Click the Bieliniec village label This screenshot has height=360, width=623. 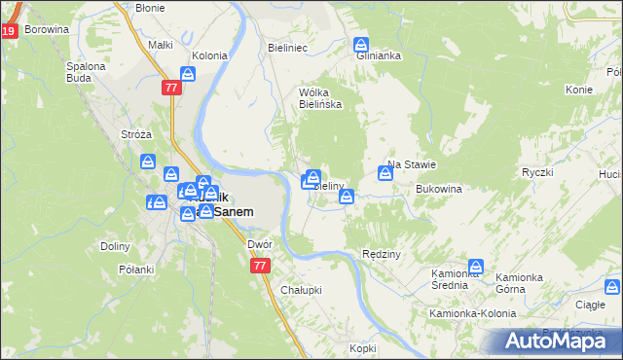coord(287,47)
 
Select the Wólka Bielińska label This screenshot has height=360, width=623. coord(319,98)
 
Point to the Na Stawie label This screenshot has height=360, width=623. coord(410,164)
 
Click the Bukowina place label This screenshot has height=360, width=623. coord(437,188)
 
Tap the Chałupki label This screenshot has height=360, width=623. coord(301,290)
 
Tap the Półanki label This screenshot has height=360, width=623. coord(136,270)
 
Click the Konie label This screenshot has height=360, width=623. coord(578,90)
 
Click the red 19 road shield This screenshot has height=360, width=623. coord(9,31)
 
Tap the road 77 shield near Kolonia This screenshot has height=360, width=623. coord(172,88)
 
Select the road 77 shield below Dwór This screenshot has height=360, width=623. coord(259,266)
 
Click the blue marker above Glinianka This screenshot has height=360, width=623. coord(361,45)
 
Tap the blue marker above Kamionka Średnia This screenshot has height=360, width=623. coord(476,266)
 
